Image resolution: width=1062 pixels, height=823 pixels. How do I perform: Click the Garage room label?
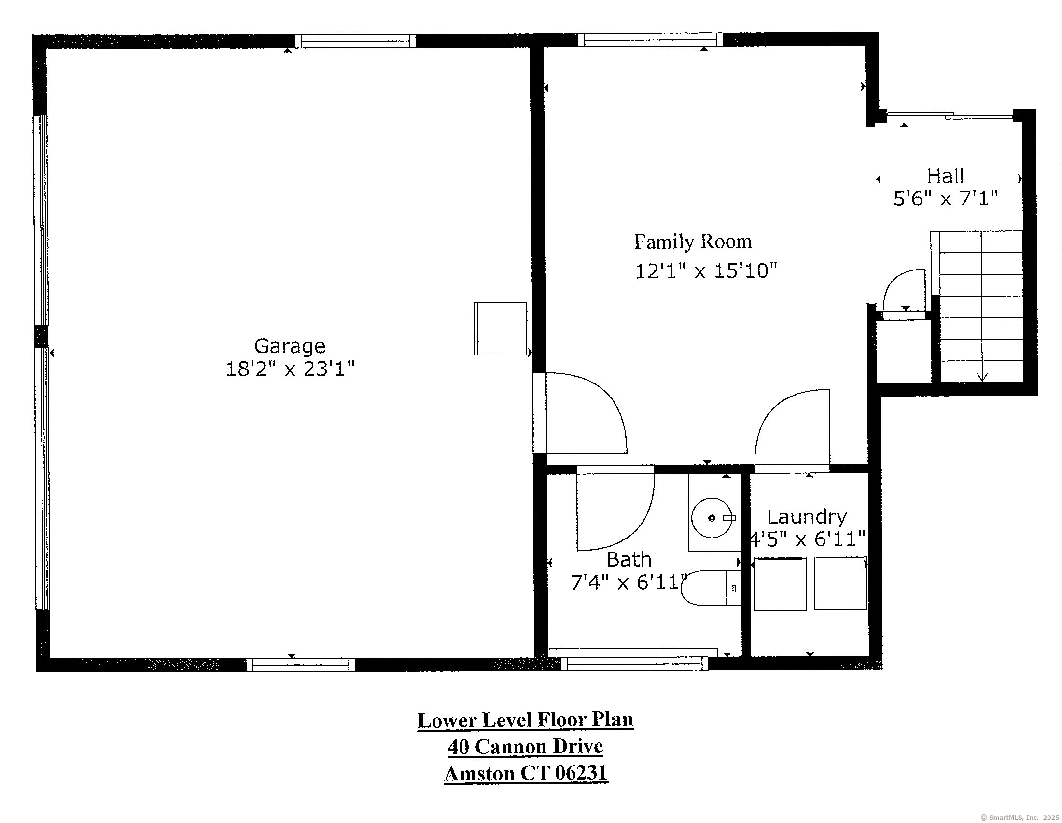pos(290,346)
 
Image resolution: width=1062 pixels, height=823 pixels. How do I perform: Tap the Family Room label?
pos(692,242)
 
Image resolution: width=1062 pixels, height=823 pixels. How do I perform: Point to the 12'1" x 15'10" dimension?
pos(706,271)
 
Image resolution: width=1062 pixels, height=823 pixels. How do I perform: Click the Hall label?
pos(945,176)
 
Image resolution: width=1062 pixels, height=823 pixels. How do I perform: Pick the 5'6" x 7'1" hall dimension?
pos(945,199)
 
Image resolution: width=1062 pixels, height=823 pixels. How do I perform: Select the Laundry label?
pos(807,517)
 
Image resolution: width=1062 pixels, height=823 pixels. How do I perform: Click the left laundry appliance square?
pos(780,584)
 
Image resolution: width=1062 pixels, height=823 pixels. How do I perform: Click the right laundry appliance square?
pos(840,584)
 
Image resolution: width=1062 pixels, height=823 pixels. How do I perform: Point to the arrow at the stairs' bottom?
pos(982,376)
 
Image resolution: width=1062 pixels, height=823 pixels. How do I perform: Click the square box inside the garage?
pos(501,329)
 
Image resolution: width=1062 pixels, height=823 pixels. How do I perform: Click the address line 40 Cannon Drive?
pos(525,747)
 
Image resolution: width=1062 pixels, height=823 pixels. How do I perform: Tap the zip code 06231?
pos(581,773)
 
